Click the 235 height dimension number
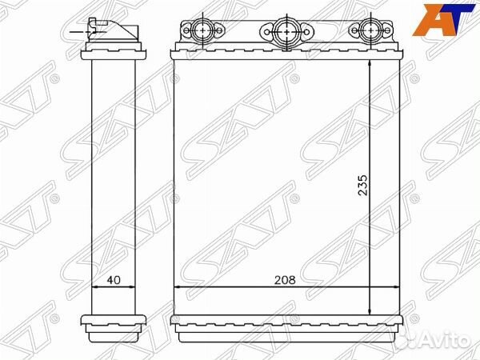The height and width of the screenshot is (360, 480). click(362, 186)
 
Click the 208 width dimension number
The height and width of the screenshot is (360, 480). click(285, 280)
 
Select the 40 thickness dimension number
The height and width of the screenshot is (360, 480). click(114, 280)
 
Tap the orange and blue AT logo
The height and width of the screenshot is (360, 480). click(442, 20)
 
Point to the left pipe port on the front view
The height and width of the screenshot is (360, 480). click(203, 30)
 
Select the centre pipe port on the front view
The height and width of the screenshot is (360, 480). click(286, 31)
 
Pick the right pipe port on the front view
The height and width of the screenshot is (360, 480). click(370, 30)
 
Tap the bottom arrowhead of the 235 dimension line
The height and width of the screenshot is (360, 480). click(370, 311)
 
